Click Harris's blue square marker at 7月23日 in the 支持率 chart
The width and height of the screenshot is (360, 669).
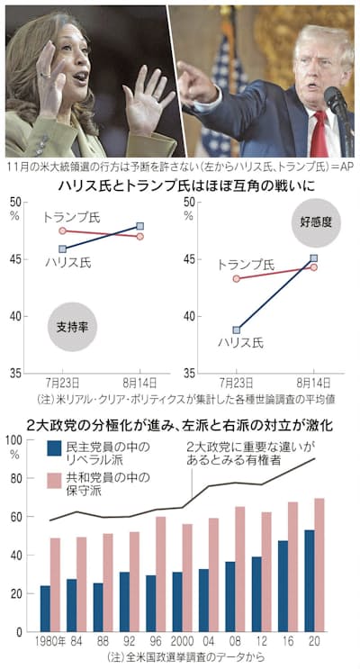(x=61, y=249)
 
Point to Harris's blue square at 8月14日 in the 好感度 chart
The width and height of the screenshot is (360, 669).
(x=313, y=258)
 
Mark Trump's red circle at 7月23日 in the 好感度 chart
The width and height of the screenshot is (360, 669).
(x=236, y=278)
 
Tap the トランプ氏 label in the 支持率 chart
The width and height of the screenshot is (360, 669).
(x=71, y=217)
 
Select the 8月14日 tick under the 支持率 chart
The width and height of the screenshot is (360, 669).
(x=139, y=382)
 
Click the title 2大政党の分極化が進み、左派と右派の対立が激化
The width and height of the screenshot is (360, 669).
(x=180, y=423)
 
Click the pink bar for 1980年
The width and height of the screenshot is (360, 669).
(x=55, y=584)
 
